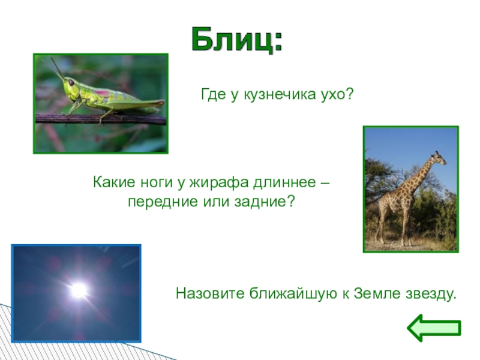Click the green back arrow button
434,328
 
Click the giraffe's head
440,157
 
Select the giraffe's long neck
424,174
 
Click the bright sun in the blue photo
78,290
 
